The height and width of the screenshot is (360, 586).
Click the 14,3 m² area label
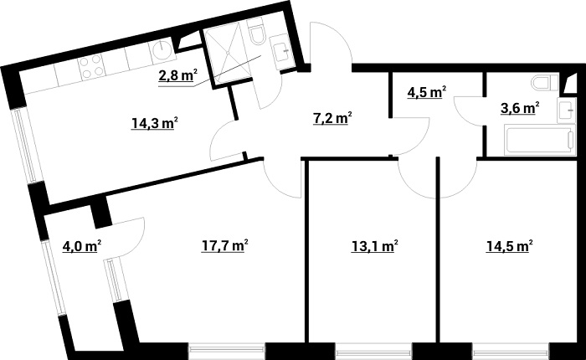click(x=154, y=123)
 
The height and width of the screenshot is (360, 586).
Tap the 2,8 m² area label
click(x=177, y=76)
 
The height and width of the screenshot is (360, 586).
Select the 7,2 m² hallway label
click(x=332, y=118)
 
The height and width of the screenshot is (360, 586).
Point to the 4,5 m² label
click(x=427, y=92)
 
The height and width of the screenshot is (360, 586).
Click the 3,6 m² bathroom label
click(x=520, y=108)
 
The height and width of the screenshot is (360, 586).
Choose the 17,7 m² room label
click(x=225, y=246)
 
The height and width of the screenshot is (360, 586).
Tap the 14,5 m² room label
click(x=509, y=246)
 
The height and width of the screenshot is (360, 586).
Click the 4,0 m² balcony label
click(x=82, y=246)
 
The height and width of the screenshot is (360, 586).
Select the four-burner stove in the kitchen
click(x=91, y=66)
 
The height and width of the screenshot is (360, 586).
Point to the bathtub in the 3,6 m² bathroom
click(x=540, y=141)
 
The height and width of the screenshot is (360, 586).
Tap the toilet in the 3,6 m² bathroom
click(x=545, y=83)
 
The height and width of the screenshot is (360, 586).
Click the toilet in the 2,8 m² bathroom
click(x=256, y=31)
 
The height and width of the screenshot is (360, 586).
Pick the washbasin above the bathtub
click(x=567, y=110)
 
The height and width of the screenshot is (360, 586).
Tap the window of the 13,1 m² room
click(x=373, y=352)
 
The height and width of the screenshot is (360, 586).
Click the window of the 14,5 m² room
click(x=511, y=352)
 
